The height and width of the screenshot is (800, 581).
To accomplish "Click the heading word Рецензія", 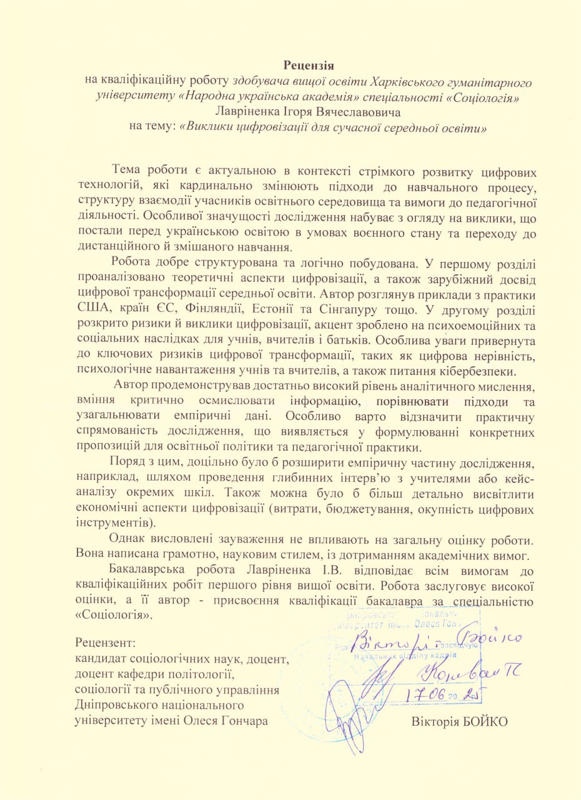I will coord(310,65).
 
